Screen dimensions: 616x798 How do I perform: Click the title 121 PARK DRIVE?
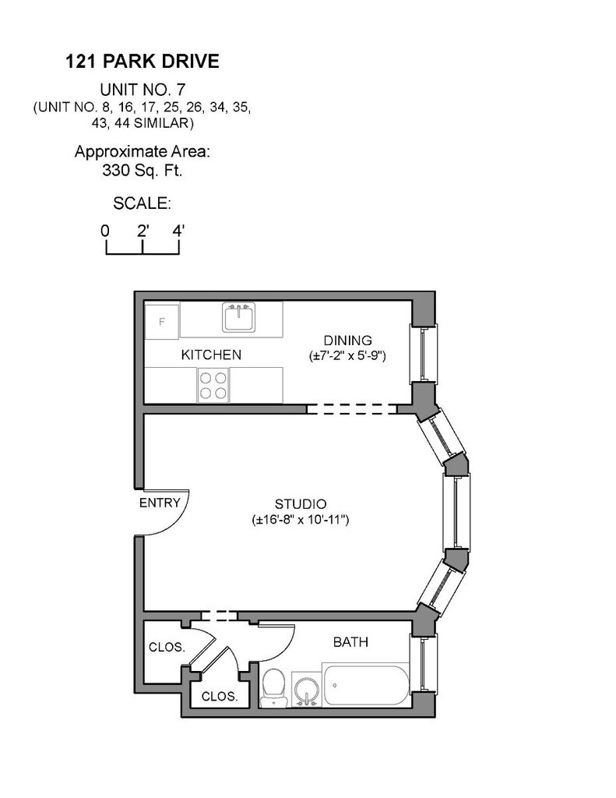coord(143,62)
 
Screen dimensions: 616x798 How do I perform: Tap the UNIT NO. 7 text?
coord(143,90)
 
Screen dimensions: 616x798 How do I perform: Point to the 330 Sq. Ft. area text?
coord(143,171)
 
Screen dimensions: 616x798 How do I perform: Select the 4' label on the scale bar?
coord(178,231)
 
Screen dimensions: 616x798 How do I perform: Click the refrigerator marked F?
coord(162,322)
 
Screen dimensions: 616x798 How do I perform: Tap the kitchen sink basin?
coord(238,317)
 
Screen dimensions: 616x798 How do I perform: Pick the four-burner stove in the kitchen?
coord(213,385)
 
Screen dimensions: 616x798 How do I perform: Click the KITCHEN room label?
coord(211,355)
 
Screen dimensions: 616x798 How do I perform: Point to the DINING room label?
coord(348,341)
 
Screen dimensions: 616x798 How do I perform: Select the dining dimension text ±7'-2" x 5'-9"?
coord(348,355)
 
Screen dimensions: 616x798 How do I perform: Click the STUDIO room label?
coord(301,504)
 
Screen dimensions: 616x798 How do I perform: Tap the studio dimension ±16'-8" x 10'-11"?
coord(301,520)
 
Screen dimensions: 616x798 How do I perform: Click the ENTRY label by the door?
coord(160,503)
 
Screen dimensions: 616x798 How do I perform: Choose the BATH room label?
coord(350,642)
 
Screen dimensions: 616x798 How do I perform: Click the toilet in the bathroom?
coord(274,688)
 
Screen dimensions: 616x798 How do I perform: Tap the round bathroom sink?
coord(307,690)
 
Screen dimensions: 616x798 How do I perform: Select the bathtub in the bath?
coord(366,685)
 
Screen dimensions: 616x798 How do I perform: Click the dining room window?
coord(423,355)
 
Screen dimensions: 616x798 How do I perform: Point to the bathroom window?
coord(423,662)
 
